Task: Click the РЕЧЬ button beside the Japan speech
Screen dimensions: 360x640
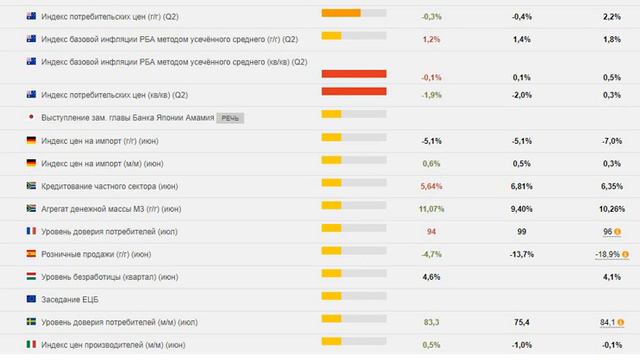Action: pyautogui.click(x=230, y=117)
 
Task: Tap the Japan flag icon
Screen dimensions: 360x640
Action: pyautogui.click(x=32, y=117)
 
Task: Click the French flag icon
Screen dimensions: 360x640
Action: pyautogui.click(x=32, y=231)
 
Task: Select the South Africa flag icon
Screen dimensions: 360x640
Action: pyautogui.click(x=32, y=186)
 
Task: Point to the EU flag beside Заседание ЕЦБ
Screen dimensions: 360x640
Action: pyautogui.click(x=32, y=299)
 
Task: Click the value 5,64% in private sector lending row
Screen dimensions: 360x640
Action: pyautogui.click(x=432, y=186)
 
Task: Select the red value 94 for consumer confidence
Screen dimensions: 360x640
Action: pyautogui.click(x=432, y=231)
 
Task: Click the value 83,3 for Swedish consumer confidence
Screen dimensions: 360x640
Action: pyautogui.click(x=432, y=322)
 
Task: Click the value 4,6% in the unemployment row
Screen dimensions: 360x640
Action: pyautogui.click(x=432, y=276)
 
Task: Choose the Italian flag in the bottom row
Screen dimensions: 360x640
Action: pyautogui.click(x=32, y=345)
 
